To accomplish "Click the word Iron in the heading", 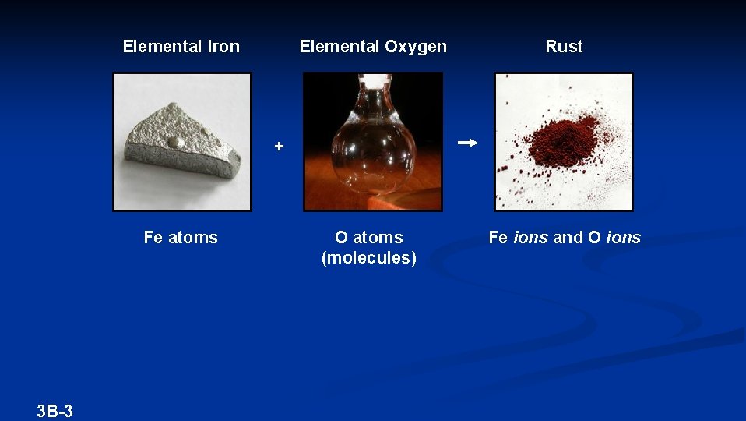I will tap(223, 47).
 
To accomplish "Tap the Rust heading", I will tap(564, 47).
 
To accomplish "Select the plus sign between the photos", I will tap(279, 146).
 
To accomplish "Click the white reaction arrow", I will tap(467, 143).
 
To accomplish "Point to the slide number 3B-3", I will tap(55, 411).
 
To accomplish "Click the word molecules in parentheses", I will tap(369, 258).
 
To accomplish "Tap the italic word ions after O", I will tap(622, 238).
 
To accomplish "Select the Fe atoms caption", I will tap(181, 238).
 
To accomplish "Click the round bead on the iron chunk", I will tap(177, 143).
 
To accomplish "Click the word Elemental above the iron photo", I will tap(162, 47).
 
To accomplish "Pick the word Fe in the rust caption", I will tap(498, 238).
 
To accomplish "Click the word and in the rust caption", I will tap(568, 238).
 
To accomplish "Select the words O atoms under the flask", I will tap(369, 238).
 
